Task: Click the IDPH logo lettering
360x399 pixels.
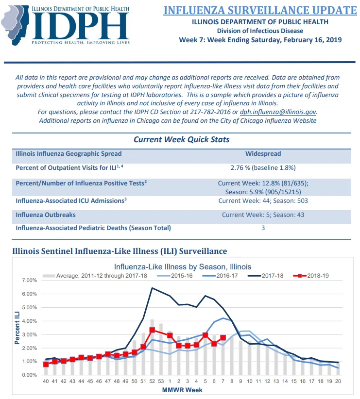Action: tap(80, 26)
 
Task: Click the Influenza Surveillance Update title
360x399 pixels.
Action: tap(260, 10)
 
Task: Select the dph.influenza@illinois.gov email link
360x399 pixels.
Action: tap(278, 112)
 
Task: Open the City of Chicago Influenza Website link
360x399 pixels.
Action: tap(268, 120)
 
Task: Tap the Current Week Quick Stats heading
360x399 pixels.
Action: tap(181, 139)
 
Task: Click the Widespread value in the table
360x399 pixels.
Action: tap(263, 154)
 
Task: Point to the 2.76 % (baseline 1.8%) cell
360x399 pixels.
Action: tap(263, 167)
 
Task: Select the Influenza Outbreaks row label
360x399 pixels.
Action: tap(46, 215)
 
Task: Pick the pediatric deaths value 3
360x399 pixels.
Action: tap(263, 228)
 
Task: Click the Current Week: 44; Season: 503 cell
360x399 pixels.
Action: tap(263, 201)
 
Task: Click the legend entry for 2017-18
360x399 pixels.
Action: tap(265, 276)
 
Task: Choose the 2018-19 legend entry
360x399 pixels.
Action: tap(310, 276)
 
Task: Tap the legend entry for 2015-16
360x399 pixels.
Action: tap(174, 276)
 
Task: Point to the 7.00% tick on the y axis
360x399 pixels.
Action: tap(30, 280)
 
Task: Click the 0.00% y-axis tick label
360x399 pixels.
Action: tap(30, 375)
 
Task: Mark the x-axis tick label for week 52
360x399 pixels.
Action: tap(152, 381)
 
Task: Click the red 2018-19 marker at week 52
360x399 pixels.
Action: tap(152, 330)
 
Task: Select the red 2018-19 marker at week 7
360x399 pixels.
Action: tap(223, 338)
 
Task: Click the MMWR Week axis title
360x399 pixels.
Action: tap(182, 390)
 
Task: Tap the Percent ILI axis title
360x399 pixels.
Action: tap(17, 328)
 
